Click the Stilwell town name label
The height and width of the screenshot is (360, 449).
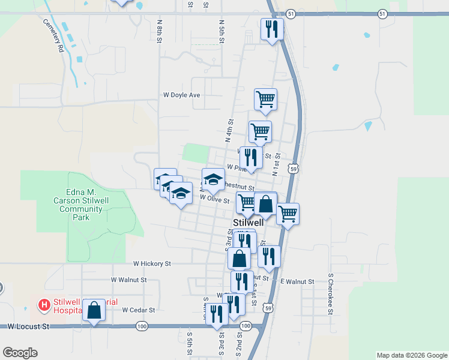coord(249,223)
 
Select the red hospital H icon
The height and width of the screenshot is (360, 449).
coord(44,305)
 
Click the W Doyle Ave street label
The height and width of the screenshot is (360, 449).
coord(182,95)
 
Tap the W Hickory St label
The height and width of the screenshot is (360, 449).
coord(152,263)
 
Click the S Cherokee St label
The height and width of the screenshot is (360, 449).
coord(330,295)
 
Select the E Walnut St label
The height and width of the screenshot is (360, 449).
coord(297,281)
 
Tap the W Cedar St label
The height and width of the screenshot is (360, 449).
coord(139,310)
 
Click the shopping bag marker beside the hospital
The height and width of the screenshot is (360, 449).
coord(94,310)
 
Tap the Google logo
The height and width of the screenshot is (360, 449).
coord(20,353)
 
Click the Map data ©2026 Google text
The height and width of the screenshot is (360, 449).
coord(411,355)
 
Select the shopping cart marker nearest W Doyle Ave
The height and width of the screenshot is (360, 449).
coord(265,99)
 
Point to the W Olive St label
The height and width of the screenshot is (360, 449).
coord(215,199)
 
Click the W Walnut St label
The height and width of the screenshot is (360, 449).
coord(128,280)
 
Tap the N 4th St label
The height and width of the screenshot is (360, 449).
coord(229,130)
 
